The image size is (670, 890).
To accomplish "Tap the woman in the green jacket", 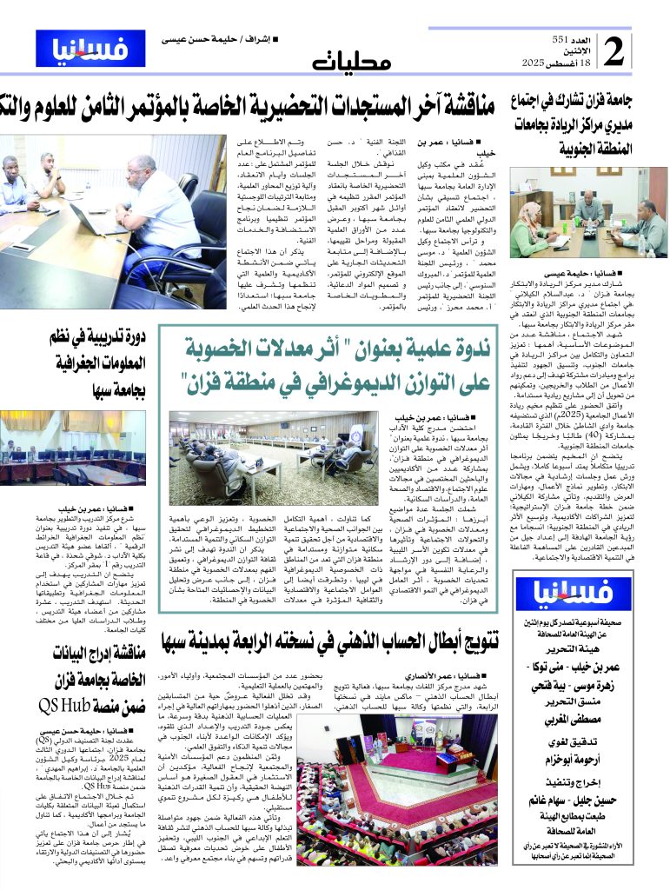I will point(527,228).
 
